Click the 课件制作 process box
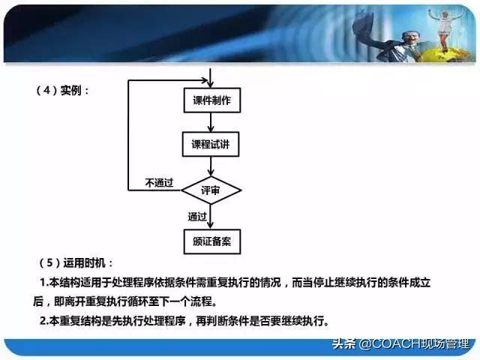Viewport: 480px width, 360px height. pos(212,100)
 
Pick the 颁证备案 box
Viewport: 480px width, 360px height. pos(212,241)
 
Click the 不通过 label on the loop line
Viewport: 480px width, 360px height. pos(158,183)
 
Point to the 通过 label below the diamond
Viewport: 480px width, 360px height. pos(197,216)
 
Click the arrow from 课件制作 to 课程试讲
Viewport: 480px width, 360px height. pos(212,122)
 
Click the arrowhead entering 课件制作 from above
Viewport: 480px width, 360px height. pos(212,83)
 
